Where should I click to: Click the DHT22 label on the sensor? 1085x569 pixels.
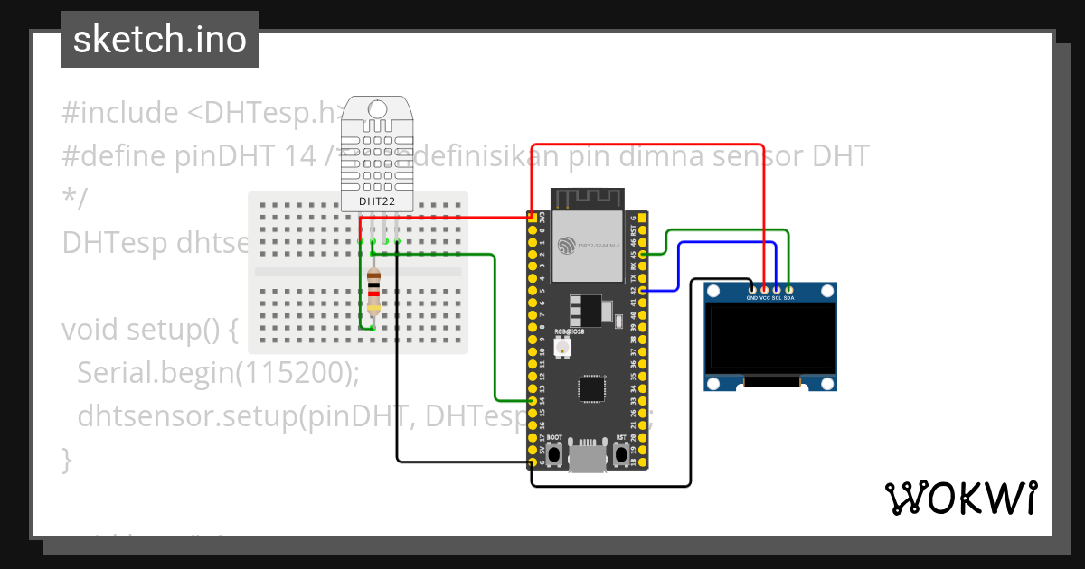(377, 201)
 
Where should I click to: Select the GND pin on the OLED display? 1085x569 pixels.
(752, 289)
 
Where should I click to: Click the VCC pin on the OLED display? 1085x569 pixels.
(765, 289)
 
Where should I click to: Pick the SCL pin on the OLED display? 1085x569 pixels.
(777, 289)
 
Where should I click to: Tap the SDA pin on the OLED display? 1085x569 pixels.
(788, 289)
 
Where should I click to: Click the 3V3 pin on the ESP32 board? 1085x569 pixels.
(532, 218)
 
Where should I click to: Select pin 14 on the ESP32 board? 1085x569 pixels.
(532, 400)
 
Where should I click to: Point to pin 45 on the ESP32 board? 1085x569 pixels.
(642, 255)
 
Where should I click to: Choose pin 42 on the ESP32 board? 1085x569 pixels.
(642, 291)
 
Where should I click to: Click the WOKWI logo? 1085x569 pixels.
(960, 498)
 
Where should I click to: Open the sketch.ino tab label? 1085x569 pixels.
(160, 40)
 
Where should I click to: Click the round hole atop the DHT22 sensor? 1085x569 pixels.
(377, 110)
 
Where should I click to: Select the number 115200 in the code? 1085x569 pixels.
(289, 372)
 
